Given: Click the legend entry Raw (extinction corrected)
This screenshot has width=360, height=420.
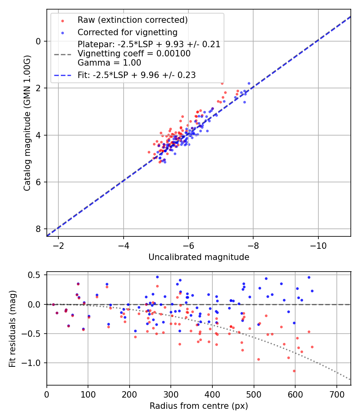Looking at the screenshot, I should coord(132,20).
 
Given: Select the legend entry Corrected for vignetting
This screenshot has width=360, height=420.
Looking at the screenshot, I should coord(127,32).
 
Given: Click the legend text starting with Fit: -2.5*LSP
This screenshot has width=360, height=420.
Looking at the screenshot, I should coord(136,75).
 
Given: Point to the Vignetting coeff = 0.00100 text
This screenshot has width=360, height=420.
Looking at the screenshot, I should coord(134,54).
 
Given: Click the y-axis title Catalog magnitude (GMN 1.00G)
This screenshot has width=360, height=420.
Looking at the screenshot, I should coord(27,123).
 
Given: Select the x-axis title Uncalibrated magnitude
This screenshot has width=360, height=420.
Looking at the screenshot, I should coord(199,257).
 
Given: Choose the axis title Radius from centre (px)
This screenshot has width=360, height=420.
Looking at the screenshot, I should coord(199,406).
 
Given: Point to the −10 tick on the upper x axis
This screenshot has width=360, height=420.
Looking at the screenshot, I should coord(318,244).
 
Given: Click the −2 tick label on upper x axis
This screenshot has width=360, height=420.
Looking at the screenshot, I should coord(58,244).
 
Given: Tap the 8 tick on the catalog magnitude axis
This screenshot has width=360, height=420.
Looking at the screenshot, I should coord(38,229).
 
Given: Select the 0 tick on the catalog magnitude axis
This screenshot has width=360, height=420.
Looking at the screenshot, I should coord(38,41).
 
